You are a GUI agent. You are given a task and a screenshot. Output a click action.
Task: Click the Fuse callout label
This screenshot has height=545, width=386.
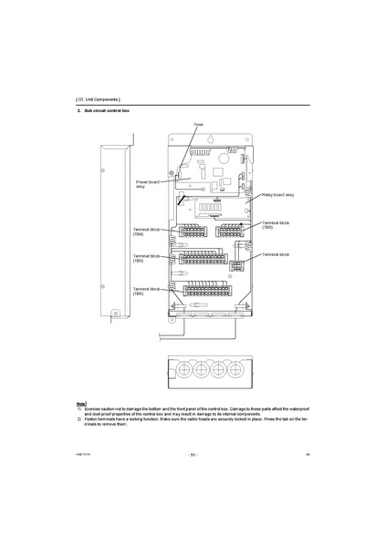[x=198, y=123]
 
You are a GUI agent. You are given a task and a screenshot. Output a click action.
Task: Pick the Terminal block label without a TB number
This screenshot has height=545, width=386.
[x=276, y=254]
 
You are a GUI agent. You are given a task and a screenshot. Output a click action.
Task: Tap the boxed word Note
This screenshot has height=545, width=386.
[x=81, y=402]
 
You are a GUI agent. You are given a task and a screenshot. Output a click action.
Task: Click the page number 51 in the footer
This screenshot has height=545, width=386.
[x=193, y=453]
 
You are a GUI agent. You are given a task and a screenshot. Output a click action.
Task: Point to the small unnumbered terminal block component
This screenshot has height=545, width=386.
[x=236, y=266]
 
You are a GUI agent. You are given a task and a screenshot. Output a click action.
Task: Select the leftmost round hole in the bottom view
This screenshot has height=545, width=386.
[x=181, y=373]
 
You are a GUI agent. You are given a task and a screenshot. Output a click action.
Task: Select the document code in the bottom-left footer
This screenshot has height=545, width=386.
[x=83, y=453]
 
